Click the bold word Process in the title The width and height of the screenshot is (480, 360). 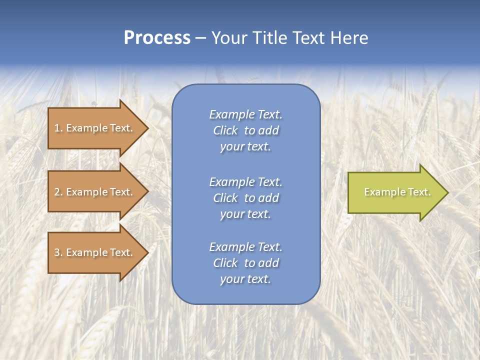coord(157,38)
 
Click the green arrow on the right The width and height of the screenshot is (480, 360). coord(395,192)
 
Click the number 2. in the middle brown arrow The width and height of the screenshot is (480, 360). coord(58,192)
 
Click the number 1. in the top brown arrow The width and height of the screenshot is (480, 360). coord(58,128)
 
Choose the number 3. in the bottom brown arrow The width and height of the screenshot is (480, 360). coord(58,252)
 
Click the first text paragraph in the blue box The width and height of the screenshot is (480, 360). coord(245,130)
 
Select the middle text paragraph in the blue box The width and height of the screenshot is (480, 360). coord(245,198)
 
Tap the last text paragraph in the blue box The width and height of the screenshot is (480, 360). coord(245,263)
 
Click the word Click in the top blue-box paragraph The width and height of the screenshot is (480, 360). coord(225,130)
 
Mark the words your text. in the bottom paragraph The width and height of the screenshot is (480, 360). coord(245,279)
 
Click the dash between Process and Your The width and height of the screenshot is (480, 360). coord(201,38)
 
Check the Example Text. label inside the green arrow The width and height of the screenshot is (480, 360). coord(397,192)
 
